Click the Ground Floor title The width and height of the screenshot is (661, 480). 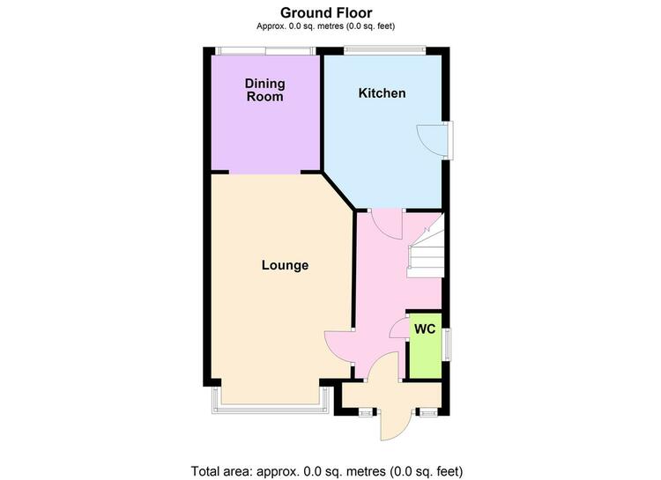point(326,12)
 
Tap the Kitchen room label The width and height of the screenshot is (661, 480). point(382,93)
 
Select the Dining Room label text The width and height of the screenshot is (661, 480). point(264,90)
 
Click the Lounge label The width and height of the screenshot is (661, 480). point(285,265)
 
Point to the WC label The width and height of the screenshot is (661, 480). point(425,329)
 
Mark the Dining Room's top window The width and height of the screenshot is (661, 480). point(265,51)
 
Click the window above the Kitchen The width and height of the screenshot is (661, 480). point(384,50)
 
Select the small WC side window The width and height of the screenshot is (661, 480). point(447,344)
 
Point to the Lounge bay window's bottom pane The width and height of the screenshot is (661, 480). point(270,410)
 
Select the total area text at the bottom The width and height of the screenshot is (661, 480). point(327,470)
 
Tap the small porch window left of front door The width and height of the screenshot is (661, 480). point(366,412)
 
